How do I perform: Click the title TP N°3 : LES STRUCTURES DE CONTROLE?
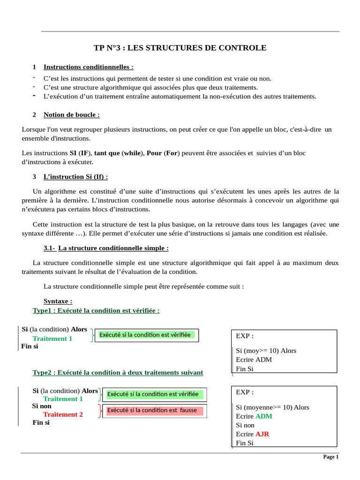tap(180, 48)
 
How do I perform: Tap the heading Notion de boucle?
tap(71, 114)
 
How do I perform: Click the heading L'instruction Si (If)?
tap(75, 177)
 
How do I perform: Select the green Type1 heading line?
tap(96, 310)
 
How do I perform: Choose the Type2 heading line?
tap(118, 372)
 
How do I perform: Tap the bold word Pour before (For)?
tap(154, 153)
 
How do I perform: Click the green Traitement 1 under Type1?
tap(52, 338)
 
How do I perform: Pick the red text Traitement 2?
tap(63, 414)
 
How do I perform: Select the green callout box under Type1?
tap(147, 335)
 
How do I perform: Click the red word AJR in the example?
tap(262, 434)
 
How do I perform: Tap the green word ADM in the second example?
tap(263, 416)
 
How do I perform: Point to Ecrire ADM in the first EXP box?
tap(254, 360)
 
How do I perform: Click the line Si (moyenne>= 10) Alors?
tap(272, 407)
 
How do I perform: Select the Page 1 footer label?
tap(330, 457)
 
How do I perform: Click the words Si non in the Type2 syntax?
tap(42, 406)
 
